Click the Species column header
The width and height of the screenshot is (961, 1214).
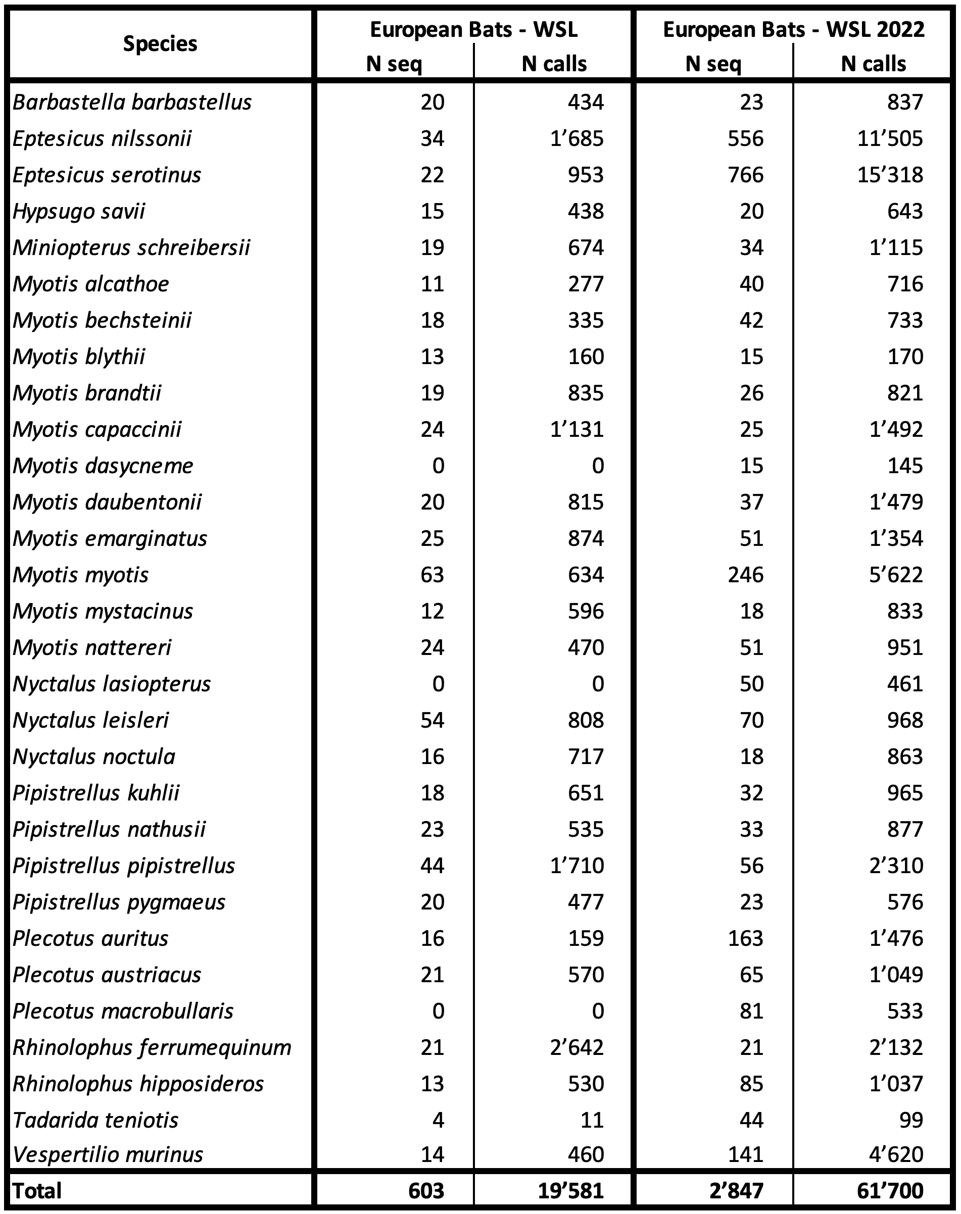(160, 44)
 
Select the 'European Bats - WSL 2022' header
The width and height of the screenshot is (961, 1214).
(793, 29)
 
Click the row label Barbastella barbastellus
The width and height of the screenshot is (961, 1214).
(132, 103)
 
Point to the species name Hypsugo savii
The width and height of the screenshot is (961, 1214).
(79, 212)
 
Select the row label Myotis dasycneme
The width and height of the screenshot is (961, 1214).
(103, 466)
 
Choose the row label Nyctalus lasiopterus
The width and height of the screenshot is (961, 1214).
(111, 684)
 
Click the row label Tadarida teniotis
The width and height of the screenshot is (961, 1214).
(95, 1121)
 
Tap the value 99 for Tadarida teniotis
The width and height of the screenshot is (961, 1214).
(911, 1121)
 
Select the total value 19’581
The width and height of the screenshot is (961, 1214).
(570, 1191)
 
